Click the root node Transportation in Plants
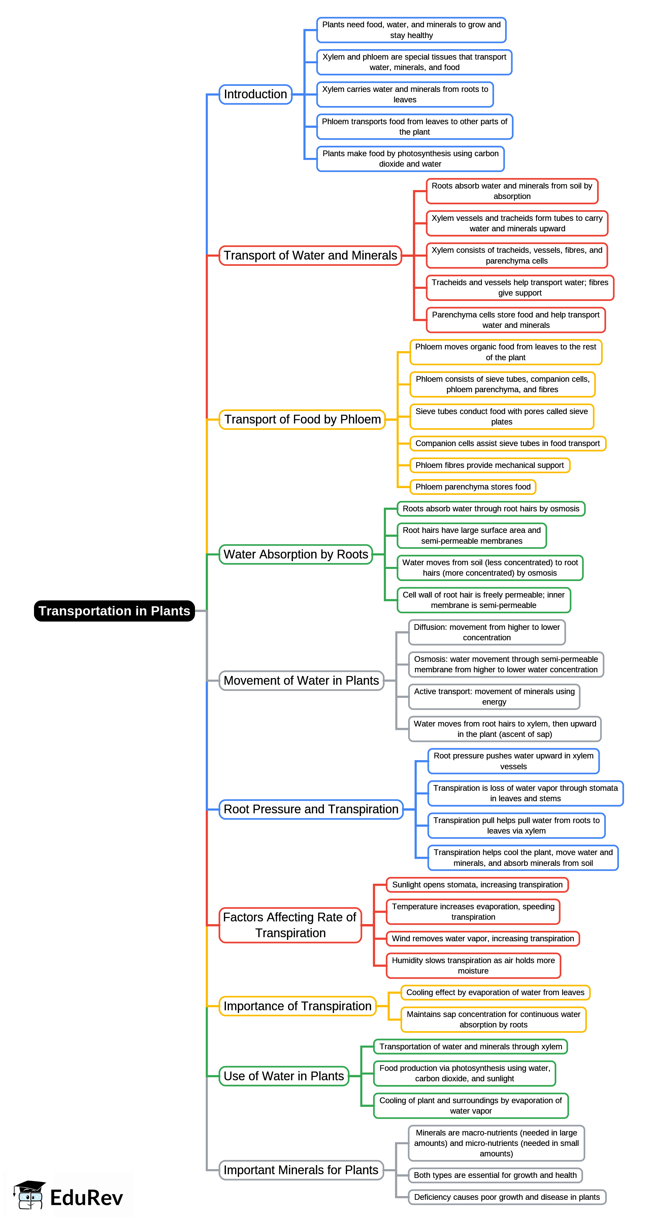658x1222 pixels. pyautogui.click(x=114, y=611)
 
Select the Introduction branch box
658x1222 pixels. pyautogui.click(x=255, y=94)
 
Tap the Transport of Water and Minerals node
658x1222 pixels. pyautogui.click(x=310, y=255)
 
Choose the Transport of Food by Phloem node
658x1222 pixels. pyautogui.click(x=302, y=419)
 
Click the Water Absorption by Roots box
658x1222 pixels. pyautogui.click(x=296, y=554)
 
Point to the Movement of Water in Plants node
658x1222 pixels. pyautogui.click(x=301, y=680)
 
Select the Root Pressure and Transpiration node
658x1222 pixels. pyautogui.click(x=311, y=809)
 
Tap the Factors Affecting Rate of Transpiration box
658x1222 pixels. pyautogui.click(x=290, y=924)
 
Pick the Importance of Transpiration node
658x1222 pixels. pyautogui.click(x=297, y=1006)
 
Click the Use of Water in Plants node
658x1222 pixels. pyautogui.click(x=284, y=1076)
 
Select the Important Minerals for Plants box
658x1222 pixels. pyautogui.click(x=301, y=1170)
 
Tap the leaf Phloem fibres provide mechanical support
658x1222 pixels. pyautogui.click(x=490, y=465)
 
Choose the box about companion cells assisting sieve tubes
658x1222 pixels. pyautogui.click(x=507, y=443)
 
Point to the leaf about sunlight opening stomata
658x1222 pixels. pyautogui.click(x=477, y=884)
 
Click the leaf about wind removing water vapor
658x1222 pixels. pyautogui.click(x=483, y=938)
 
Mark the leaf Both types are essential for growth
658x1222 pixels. pyautogui.click(x=495, y=1175)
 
